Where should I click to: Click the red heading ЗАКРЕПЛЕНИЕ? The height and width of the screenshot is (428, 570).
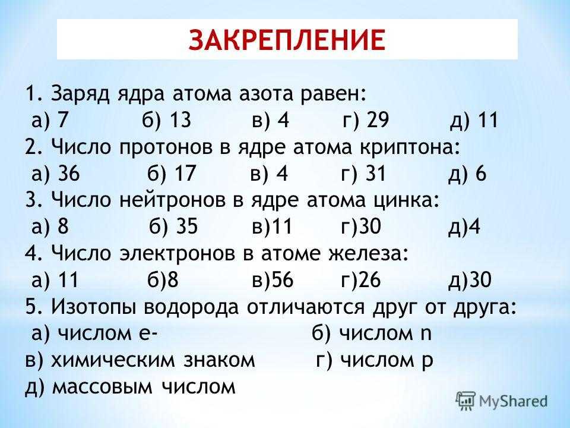(x=287, y=39)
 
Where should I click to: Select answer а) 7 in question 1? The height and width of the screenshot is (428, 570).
(x=50, y=120)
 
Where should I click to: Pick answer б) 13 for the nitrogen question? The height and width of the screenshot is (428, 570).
(x=166, y=120)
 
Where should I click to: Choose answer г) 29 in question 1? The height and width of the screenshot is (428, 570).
(x=366, y=120)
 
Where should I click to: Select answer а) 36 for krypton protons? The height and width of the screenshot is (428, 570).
(x=55, y=173)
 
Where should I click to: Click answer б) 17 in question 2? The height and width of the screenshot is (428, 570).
(x=172, y=173)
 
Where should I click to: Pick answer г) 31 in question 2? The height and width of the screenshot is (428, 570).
(x=363, y=173)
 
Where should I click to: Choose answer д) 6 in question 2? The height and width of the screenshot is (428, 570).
(x=467, y=173)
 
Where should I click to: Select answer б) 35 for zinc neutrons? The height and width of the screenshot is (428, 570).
(x=173, y=226)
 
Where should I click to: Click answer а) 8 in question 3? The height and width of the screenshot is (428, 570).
(x=50, y=226)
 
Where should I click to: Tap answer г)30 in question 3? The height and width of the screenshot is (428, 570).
(x=361, y=226)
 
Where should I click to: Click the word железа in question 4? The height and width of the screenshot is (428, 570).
(x=369, y=253)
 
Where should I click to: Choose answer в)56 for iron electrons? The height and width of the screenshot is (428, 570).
(x=273, y=279)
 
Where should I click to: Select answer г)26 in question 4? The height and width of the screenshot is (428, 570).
(x=361, y=279)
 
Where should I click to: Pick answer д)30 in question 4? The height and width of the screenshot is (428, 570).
(x=470, y=279)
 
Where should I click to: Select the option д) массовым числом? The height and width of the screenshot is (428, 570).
(x=130, y=386)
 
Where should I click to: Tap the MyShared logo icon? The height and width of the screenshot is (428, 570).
(x=465, y=401)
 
